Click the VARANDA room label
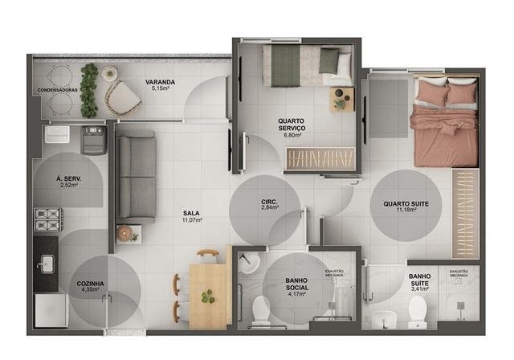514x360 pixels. [x=161, y=82]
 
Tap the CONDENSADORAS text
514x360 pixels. [x=57, y=90]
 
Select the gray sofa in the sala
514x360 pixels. [x=135, y=178]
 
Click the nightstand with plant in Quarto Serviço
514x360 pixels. [x=341, y=99]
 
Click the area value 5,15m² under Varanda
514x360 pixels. [x=161, y=90]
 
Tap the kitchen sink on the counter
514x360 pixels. [x=46, y=262]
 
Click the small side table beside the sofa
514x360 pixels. [x=128, y=234]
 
